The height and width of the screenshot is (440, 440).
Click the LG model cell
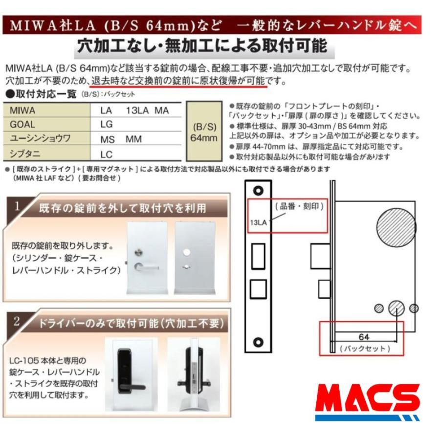point(107,124)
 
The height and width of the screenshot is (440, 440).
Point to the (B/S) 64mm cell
point(203,132)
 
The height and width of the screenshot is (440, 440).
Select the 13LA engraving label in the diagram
point(258,222)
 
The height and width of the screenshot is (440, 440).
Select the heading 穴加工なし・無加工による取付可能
point(201,46)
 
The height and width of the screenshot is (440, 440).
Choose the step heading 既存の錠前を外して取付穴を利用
point(122,207)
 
